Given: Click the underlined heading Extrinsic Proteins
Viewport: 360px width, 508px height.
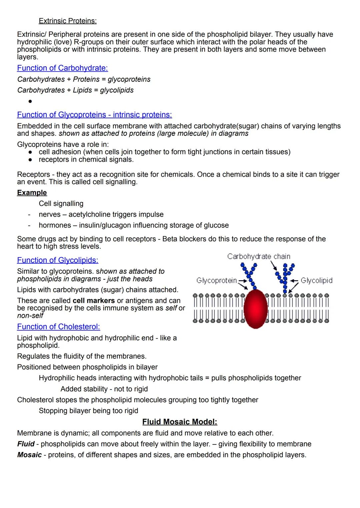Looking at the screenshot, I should [x=68, y=21].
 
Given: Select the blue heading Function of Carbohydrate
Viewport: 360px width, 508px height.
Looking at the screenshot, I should [x=62, y=68].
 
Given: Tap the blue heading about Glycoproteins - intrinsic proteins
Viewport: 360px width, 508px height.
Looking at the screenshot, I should [x=94, y=115].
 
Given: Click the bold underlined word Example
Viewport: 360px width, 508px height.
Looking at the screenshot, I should [x=32, y=193].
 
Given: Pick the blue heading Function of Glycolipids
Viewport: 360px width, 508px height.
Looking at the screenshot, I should [x=58, y=260].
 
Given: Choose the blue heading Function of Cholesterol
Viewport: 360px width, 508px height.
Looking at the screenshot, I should [x=58, y=327].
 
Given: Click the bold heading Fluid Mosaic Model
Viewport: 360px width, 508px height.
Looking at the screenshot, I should [x=180, y=422].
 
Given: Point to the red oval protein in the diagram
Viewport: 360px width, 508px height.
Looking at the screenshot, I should [x=256, y=309].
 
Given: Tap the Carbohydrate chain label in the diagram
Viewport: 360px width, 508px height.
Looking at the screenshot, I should [x=259, y=256].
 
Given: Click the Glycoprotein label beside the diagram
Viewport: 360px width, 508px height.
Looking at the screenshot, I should [x=216, y=280].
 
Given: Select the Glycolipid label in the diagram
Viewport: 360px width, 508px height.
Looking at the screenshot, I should [x=316, y=280].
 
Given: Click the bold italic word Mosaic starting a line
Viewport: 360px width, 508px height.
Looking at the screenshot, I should [x=30, y=455].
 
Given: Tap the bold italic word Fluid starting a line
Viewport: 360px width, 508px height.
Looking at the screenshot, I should [x=26, y=444].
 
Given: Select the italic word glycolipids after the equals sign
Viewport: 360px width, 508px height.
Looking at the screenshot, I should [x=117, y=90].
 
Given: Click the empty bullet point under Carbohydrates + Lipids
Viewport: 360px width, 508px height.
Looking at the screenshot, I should [x=30, y=101].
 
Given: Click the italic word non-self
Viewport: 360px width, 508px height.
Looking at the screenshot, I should [x=30, y=315].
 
